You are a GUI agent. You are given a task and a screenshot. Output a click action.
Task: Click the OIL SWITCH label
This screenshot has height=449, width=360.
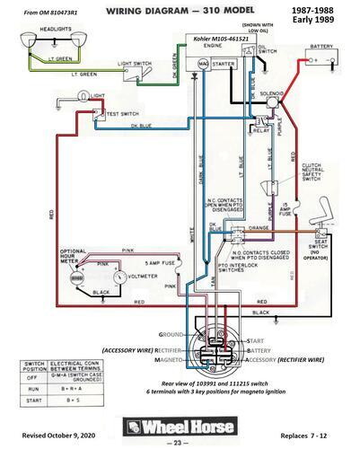[x=267, y=49]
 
